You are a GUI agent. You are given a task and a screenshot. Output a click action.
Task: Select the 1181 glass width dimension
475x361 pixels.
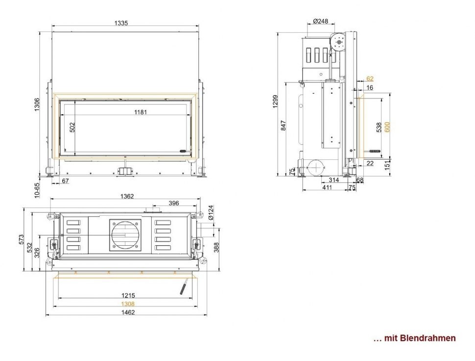tap(141, 112)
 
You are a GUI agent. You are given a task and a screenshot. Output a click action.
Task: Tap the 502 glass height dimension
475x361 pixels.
tap(72, 127)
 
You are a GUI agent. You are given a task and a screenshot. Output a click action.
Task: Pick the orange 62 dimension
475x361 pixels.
tap(370, 78)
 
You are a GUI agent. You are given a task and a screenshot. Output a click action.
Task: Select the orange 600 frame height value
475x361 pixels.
tap(387, 127)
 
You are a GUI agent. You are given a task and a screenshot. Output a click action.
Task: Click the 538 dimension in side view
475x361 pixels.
tap(379, 127)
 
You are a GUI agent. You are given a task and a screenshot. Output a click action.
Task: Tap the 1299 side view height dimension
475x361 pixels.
tap(275, 103)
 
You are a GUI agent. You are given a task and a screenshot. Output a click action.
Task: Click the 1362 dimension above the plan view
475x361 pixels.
tap(127, 196)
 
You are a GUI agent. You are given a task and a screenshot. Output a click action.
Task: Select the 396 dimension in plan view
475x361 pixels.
tap(173, 203)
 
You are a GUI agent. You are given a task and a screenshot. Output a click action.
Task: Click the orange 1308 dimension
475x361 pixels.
tap(128, 304)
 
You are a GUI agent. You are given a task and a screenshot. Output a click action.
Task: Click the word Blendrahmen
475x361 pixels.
tap(427, 338)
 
